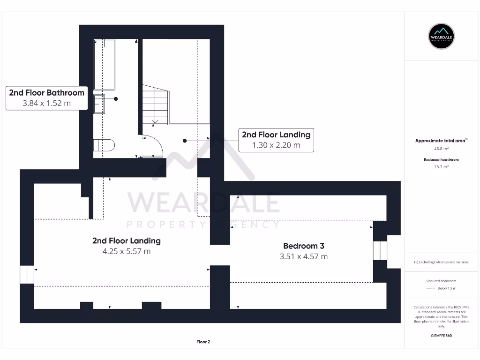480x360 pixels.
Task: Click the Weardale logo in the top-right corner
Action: coord(442,36)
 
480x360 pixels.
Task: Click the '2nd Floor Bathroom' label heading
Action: coord(47,92)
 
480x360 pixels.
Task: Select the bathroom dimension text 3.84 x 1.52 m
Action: coord(47,103)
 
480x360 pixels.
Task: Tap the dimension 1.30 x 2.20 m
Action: coord(276,145)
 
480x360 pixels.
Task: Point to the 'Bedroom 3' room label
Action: coord(303,246)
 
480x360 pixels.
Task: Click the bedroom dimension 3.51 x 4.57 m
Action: coord(303,256)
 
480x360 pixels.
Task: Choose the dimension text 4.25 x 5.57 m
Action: coord(127,251)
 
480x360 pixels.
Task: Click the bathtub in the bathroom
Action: coord(104,64)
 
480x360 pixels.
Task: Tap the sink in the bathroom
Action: coord(99,104)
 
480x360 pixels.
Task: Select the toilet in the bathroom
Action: coord(104,145)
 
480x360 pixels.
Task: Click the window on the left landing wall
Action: coord(27,275)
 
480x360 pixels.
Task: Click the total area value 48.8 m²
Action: coord(442,148)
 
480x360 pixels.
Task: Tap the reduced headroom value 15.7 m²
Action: coord(442,166)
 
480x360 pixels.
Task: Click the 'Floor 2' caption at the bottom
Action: coord(203,342)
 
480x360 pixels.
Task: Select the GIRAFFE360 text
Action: coord(442,336)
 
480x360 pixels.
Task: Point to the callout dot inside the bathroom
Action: coord(115,99)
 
